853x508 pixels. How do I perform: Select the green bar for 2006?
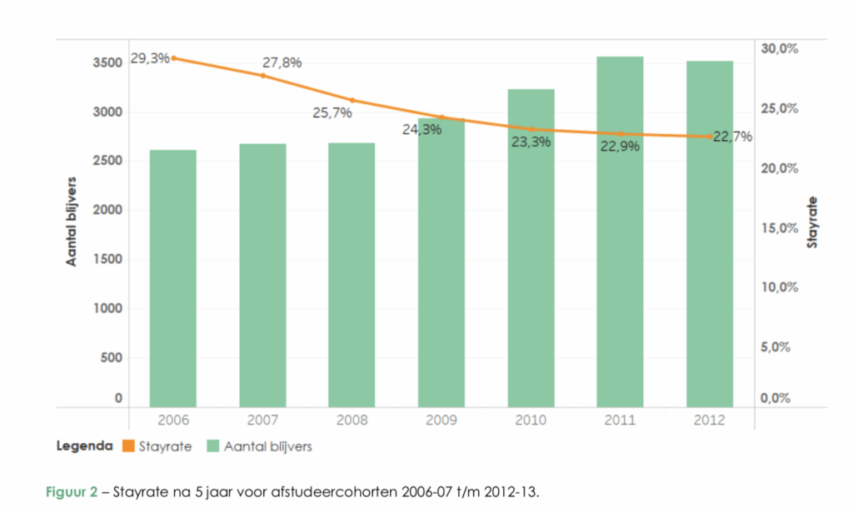172,279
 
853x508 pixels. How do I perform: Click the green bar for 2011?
620,232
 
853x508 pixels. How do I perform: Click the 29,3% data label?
150,58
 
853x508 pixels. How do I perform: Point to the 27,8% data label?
282,62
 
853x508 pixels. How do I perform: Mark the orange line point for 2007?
262,76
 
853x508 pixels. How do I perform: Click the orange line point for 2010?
531,129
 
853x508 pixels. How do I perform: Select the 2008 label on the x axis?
352,420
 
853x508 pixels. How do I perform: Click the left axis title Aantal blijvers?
72,221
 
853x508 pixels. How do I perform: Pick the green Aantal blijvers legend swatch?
212,447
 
